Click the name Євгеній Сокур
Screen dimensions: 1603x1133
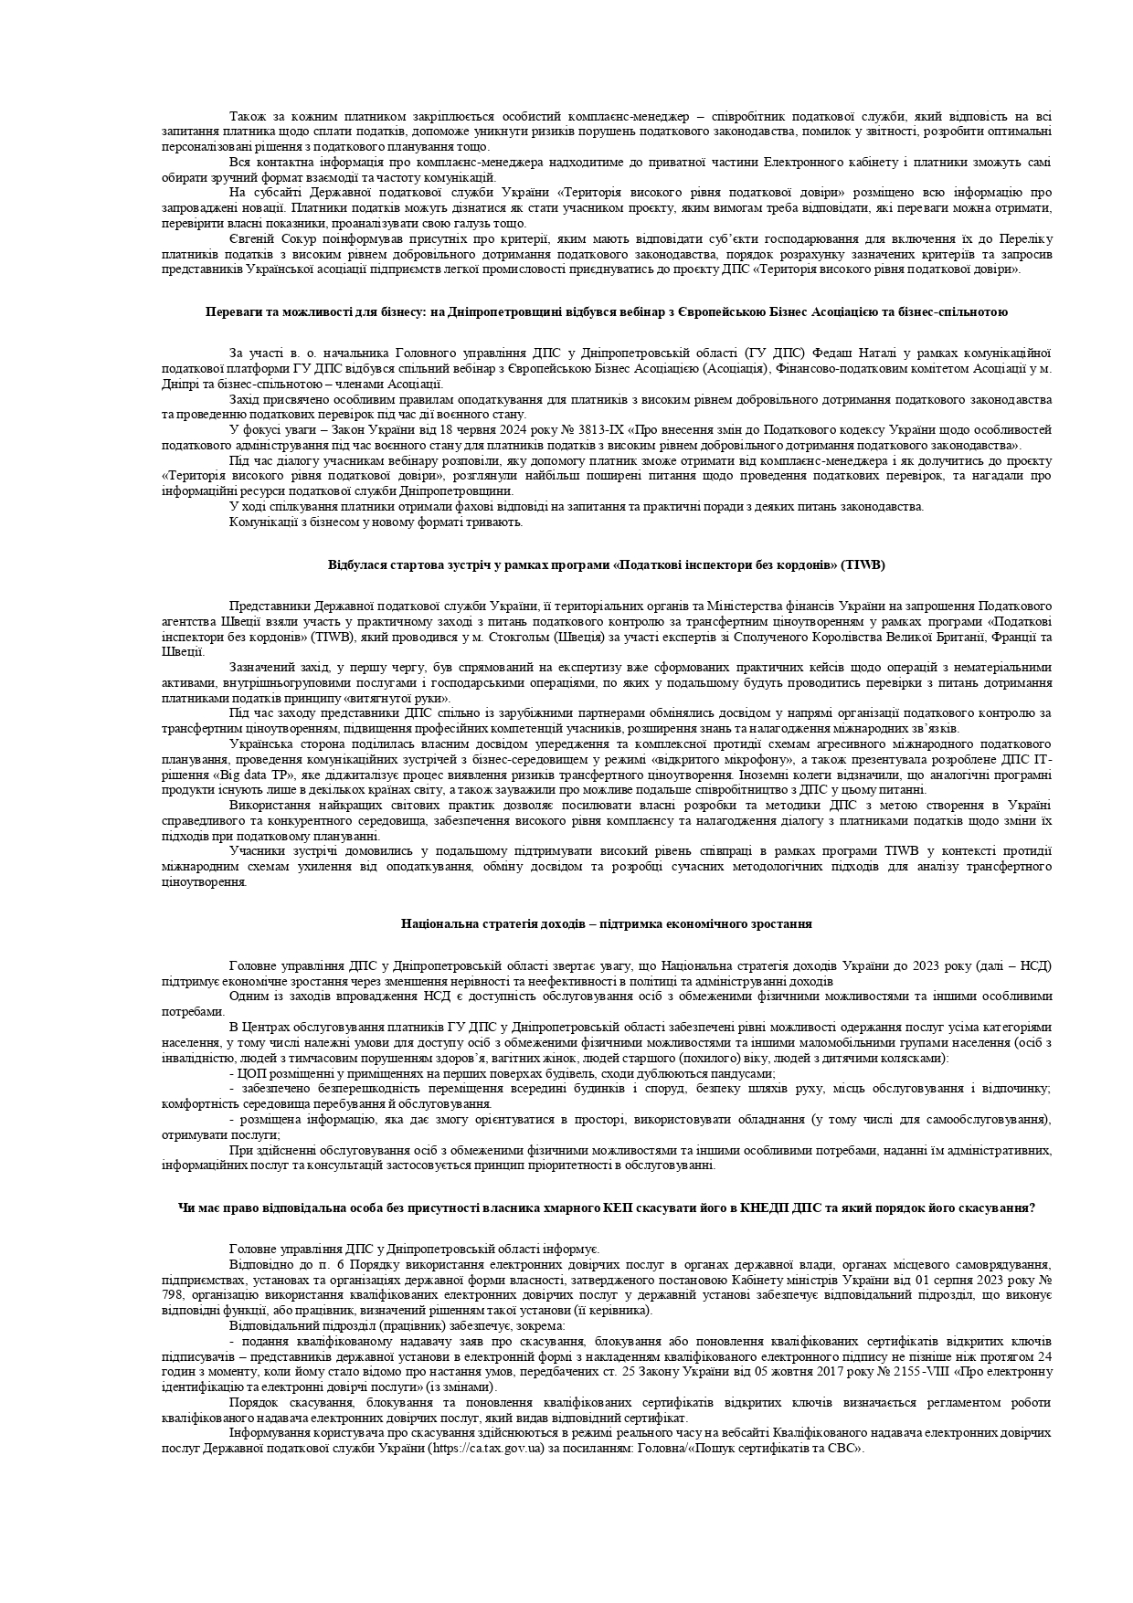point(264,239)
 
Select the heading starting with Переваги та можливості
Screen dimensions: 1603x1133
point(607,311)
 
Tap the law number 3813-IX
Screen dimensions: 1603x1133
point(591,429)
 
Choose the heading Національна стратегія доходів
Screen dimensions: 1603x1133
point(607,923)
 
